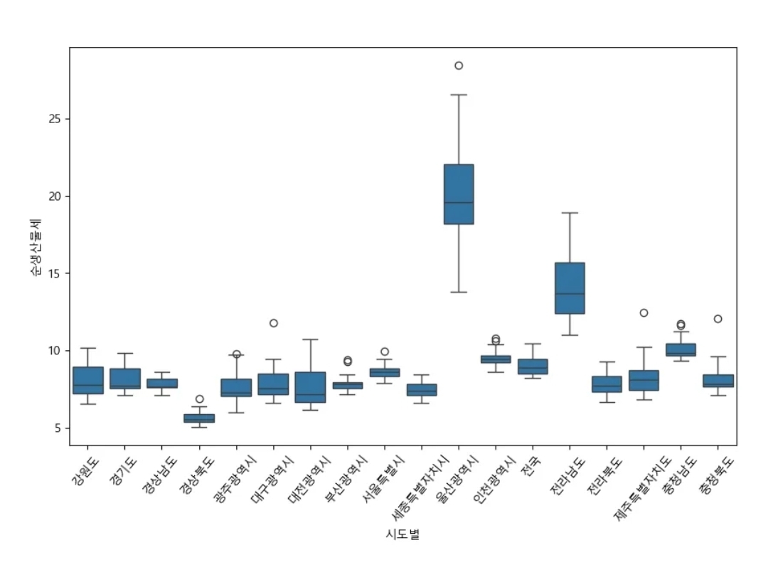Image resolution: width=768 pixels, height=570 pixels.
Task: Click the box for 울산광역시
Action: pyautogui.click(x=459, y=194)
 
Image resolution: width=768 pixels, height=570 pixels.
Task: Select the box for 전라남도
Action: pyautogui.click(x=570, y=288)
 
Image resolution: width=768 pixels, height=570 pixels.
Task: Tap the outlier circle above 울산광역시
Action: pyautogui.click(x=459, y=65)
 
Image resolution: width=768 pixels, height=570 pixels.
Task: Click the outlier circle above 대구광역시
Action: pyautogui.click(x=273, y=323)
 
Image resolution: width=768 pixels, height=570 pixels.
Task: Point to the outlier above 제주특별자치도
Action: pyautogui.click(x=644, y=312)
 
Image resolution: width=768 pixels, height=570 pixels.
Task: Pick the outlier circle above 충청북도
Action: pyautogui.click(x=718, y=319)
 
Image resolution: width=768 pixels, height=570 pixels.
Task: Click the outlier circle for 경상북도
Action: pyautogui.click(x=199, y=399)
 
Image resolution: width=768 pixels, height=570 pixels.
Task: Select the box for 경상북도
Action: pyautogui.click(x=199, y=418)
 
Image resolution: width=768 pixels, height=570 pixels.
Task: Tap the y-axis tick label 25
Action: pyautogui.click(x=55, y=119)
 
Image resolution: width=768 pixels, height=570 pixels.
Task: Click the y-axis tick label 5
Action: pyautogui.click(x=58, y=428)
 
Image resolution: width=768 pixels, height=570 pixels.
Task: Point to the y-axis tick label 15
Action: pyautogui.click(x=55, y=273)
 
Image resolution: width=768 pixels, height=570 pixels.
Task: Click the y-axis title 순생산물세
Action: pyautogui.click(x=35, y=248)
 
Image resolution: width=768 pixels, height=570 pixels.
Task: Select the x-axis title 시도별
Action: pyautogui.click(x=402, y=534)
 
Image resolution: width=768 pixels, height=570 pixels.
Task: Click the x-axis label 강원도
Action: pyautogui.click(x=85, y=472)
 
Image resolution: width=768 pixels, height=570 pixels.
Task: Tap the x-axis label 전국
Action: pyautogui.click(x=531, y=465)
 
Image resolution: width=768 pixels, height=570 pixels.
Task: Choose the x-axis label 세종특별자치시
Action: pyautogui.click(x=420, y=487)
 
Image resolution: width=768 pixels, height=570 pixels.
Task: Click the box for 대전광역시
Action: pyautogui.click(x=311, y=387)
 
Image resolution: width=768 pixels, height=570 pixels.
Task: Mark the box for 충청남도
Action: pyautogui.click(x=681, y=349)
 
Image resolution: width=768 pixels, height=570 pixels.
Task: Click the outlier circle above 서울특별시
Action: pyautogui.click(x=385, y=352)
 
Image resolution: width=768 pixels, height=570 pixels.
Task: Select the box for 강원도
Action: pyautogui.click(x=88, y=380)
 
